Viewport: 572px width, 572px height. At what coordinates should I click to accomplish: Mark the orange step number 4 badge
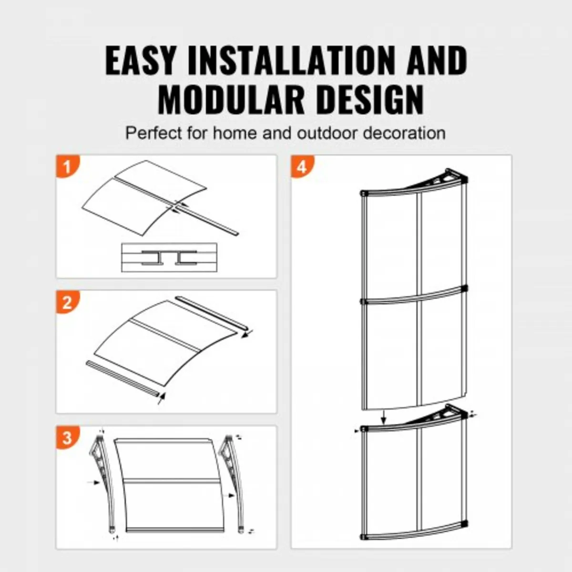click(302, 167)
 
